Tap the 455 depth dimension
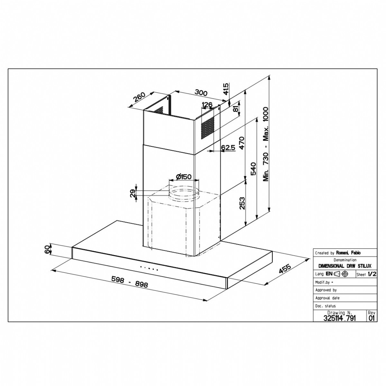point(285,269)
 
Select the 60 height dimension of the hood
point(47,250)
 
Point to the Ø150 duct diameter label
point(183,177)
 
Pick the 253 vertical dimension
point(243,203)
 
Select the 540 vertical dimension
point(253,169)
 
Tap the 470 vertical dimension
point(242,143)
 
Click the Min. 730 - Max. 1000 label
point(266,144)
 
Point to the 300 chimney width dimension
point(201,93)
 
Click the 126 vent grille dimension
point(207,105)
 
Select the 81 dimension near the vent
point(236,109)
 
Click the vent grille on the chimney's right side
point(207,128)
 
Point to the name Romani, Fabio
point(348,253)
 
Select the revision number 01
point(372,318)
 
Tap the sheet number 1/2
point(372,274)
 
